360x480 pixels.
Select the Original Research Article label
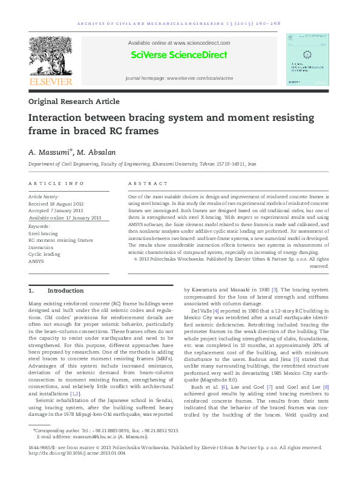coord(74,102)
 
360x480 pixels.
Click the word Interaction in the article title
coord(59,118)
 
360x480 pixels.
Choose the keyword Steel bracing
coord(44,233)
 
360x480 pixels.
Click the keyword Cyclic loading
coord(45,255)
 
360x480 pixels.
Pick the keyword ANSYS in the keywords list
coord(36,262)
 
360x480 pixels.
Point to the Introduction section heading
coord(62,291)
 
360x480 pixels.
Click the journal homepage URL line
coord(178,79)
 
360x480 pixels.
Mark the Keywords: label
coord(39,225)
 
